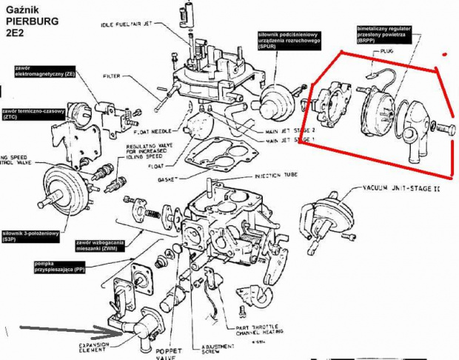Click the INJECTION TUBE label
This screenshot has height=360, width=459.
tap(275, 176)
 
